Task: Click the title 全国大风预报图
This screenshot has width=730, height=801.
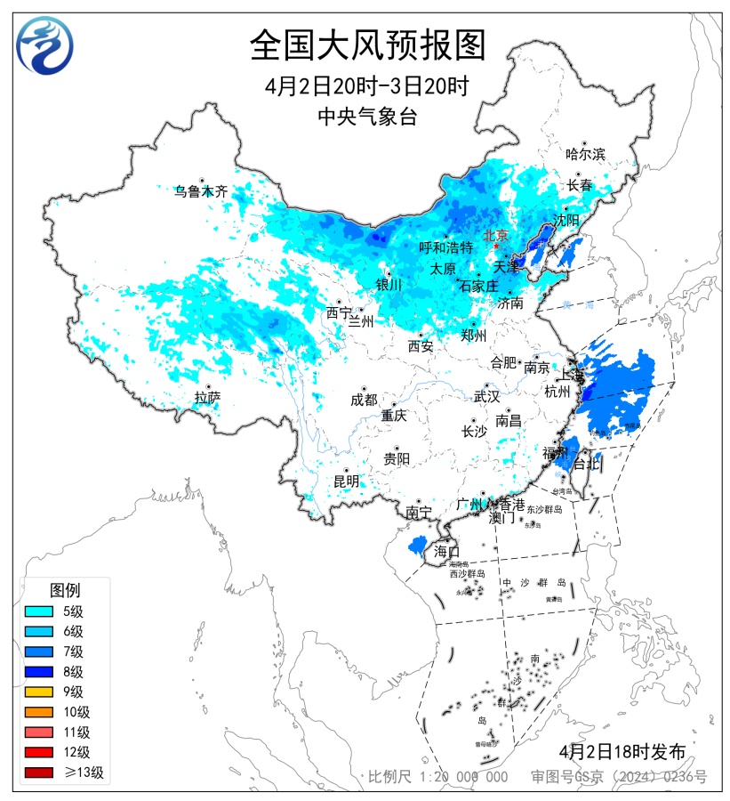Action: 367,44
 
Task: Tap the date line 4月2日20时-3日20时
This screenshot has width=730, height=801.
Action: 366,86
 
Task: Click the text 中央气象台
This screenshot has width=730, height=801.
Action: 366,116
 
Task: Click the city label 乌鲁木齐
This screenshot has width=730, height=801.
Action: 201,190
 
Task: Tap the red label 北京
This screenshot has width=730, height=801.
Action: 495,236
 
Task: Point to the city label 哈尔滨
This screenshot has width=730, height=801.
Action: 585,154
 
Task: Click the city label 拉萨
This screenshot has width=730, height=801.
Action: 207,397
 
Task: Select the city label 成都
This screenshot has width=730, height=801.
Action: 364,400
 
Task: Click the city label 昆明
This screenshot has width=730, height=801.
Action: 347,481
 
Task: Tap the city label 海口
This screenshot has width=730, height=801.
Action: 447,551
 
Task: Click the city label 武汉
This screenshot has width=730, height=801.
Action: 486,396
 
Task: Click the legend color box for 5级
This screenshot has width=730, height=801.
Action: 42,611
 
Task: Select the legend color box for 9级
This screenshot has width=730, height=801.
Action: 42,692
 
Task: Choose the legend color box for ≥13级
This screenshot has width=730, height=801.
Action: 42,773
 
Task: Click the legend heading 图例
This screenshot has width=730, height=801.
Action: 65,590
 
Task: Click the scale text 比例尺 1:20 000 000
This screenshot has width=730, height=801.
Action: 438,777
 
